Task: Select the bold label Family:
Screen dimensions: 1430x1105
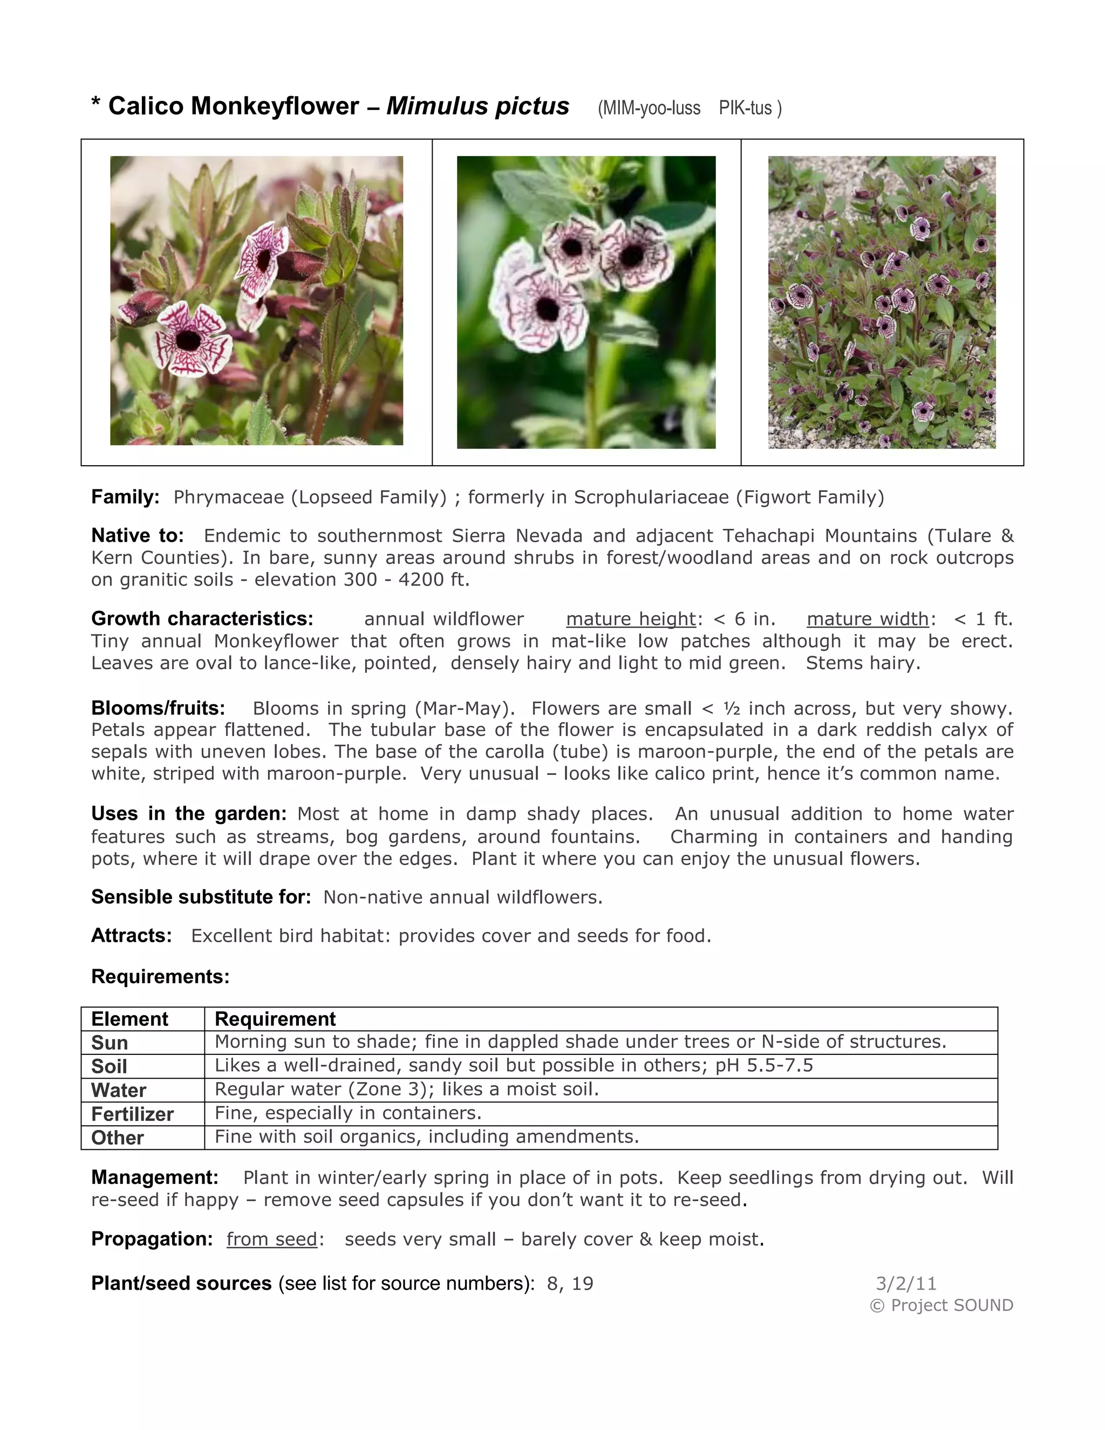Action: coord(125,497)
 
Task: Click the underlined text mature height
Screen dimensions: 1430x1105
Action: coord(630,619)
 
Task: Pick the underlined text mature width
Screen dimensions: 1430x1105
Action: coord(868,619)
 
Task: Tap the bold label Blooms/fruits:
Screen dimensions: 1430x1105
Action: coord(158,708)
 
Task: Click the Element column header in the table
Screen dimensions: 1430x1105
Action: coord(129,1019)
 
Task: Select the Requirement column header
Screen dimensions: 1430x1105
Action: coord(275,1019)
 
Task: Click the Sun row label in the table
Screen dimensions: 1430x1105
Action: coord(110,1043)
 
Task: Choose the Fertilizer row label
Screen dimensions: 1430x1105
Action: coord(132,1114)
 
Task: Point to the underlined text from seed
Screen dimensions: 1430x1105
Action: coord(272,1239)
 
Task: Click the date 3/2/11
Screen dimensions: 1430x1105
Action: coord(906,1283)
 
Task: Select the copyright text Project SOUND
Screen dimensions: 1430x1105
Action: coord(951,1305)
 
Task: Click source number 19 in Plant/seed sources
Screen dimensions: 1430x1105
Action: coord(582,1283)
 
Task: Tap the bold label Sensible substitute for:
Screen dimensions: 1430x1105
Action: coord(201,897)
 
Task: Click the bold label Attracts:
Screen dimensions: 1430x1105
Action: coord(131,936)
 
